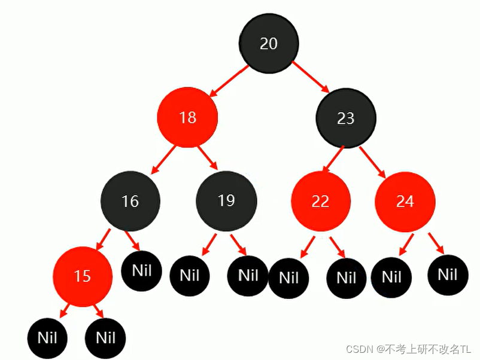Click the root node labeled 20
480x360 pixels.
click(269, 44)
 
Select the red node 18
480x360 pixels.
click(187, 117)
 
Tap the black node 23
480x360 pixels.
click(346, 118)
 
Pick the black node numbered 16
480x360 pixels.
click(130, 201)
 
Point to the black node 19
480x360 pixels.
click(226, 200)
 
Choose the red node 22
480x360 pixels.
click(321, 202)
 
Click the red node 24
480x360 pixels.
click(405, 202)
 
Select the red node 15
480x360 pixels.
click(83, 276)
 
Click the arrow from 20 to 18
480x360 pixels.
click(228, 81)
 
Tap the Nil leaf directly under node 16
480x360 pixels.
click(141, 270)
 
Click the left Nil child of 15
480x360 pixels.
click(47, 337)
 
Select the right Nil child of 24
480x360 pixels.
click(448, 274)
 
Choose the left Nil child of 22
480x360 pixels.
click(288, 277)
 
